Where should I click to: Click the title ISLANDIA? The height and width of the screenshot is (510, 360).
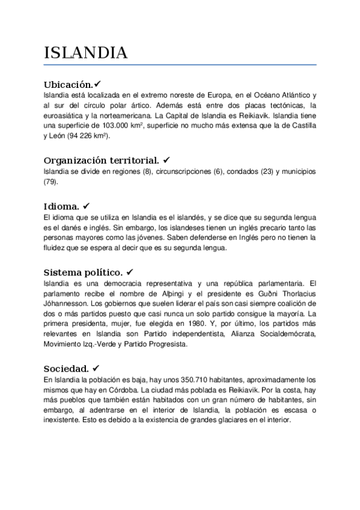[86, 53]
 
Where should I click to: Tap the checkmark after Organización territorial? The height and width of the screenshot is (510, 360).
[166, 160]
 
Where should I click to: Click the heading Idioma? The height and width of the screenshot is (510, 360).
[63, 205]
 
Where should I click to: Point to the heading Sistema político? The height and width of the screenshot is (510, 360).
[84, 271]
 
